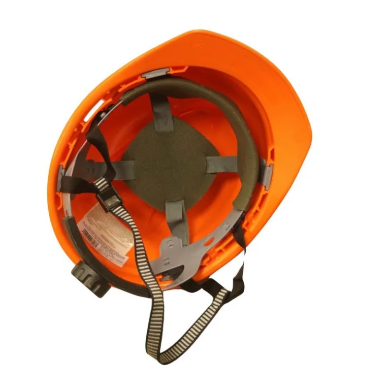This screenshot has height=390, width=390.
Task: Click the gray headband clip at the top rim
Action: [x=152, y=75]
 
